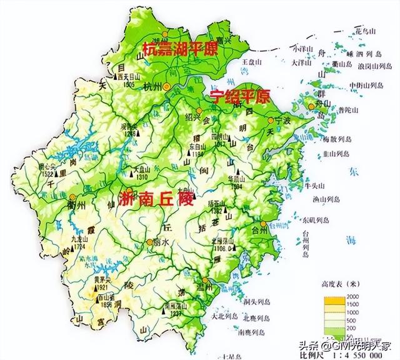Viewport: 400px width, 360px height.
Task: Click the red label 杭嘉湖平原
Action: point(180,49)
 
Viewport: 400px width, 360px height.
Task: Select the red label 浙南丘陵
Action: point(156,201)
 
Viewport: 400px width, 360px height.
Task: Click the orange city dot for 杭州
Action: point(166,87)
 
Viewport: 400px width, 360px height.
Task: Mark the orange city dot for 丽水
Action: point(149,242)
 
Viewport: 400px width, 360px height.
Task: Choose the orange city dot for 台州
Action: point(264,223)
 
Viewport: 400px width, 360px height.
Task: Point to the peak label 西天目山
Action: point(131,75)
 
